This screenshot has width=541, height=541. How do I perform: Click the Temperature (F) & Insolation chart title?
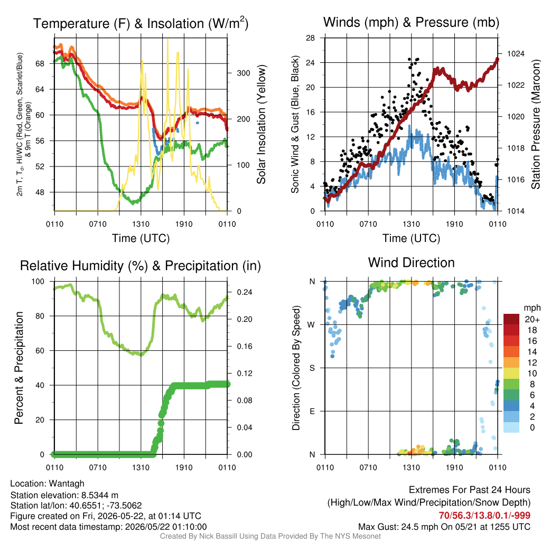(x=141, y=23)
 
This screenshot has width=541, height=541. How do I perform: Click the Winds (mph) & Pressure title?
(x=411, y=22)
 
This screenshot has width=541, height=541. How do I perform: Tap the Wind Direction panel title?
(x=411, y=263)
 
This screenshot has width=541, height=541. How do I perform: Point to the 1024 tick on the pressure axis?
(x=516, y=53)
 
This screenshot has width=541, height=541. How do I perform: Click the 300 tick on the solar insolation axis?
(x=244, y=73)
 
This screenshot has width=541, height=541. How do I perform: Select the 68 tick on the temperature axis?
(x=40, y=63)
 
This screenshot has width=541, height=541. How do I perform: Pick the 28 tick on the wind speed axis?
(x=310, y=38)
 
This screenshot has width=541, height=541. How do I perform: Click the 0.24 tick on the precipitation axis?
(x=245, y=292)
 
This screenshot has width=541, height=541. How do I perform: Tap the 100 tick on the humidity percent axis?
(x=38, y=282)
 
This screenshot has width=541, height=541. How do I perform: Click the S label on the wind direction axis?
(x=312, y=368)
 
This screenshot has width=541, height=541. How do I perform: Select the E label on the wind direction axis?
(x=312, y=411)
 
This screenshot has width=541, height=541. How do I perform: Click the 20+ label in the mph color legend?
(x=532, y=319)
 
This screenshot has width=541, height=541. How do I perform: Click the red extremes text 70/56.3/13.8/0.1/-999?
(x=484, y=516)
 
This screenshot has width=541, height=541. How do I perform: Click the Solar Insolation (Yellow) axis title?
(x=261, y=124)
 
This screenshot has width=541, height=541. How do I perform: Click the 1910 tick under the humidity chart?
(x=184, y=468)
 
